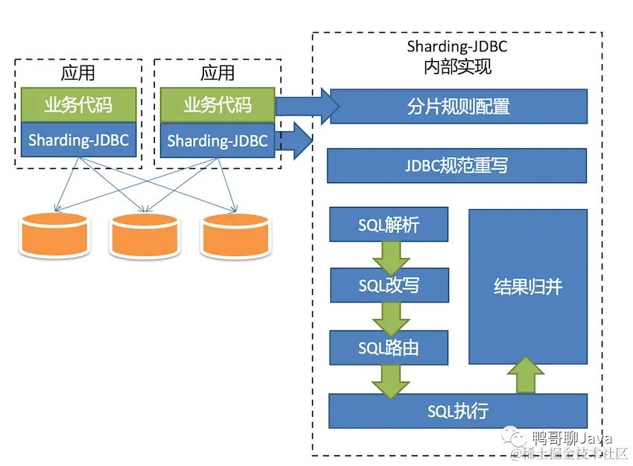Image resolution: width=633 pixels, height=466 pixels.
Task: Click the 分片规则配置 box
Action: pyautogui.click(x=458, y=106)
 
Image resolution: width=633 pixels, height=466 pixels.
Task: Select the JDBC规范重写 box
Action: pyautogui.click(x=457, y=165)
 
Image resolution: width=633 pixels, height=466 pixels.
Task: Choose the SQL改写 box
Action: pyautogui.click(x=388, y=285)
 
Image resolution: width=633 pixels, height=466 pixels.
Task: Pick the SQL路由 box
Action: pyautogui.click(x=388, y=348)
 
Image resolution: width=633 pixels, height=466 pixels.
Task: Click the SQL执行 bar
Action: pyautogui.click(x=457, y=410)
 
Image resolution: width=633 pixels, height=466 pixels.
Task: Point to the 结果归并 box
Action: pyautogui.click(x=527, y=287)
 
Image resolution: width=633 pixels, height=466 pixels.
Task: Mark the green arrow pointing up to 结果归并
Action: pyautogui.click(x=527, y=375)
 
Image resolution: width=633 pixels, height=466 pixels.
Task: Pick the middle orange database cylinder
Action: pyautogui.click(x=144, y=234)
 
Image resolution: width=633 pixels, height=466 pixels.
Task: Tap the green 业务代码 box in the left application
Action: pyautogui.click(x=78, y=105)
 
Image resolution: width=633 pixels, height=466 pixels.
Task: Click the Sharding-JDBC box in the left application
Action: pyautogui.click(x=78, y=141)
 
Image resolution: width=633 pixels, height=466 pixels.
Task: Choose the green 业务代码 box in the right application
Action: pyautogui.click(x=217, y=105)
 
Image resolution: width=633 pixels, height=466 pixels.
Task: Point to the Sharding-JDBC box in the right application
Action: pyautogui.click(x=217, y=141)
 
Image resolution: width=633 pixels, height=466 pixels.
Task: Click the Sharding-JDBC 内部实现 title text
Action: pyautogui.click(x=457, y=57)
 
